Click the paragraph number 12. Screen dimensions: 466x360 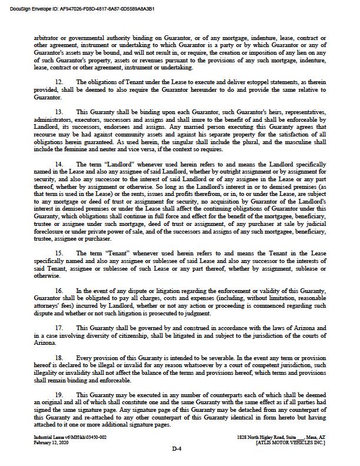coord(59,81)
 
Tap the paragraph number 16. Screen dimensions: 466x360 coord(59,291)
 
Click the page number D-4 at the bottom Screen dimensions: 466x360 coord(177,450)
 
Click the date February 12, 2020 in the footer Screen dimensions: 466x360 coord(51,442)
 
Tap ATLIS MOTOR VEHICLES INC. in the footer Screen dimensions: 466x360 coord(291,442)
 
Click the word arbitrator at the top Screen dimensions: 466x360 coord(48,38)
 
